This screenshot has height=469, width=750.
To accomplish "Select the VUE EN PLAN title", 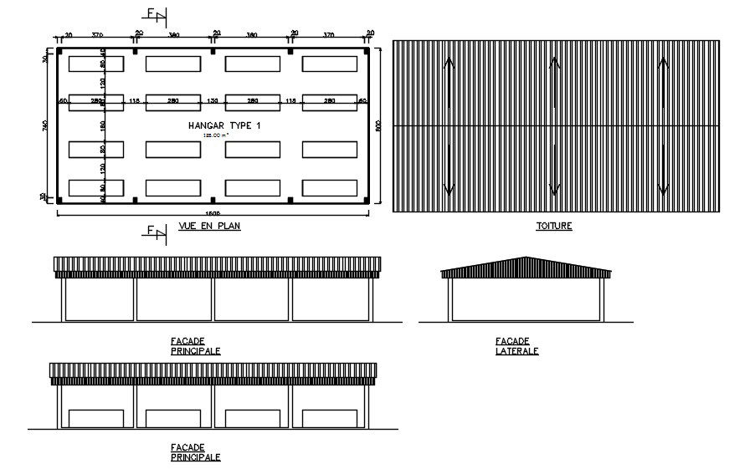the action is [x=209, y=227].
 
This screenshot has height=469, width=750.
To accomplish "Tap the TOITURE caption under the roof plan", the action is [x=554, y=227].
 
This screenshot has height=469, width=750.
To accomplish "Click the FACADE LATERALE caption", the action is [x=516, y=346].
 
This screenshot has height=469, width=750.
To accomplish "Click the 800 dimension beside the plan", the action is [x=378, y=126].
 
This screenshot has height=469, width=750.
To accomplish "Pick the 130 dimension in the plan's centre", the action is [x=213, y=101].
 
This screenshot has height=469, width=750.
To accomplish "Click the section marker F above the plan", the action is [x=153, y=13].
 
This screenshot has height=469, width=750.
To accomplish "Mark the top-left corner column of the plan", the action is [x=59, y=51].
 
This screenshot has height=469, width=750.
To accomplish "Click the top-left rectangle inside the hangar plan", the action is [x=96, y=64].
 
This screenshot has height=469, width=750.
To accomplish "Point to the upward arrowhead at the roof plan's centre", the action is [x=554, y=60].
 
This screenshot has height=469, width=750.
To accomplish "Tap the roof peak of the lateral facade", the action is [x=526, y=258].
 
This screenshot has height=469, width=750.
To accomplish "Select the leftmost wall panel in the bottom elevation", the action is [x=95, y=418].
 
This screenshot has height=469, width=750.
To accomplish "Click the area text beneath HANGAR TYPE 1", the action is [x=213, y=135].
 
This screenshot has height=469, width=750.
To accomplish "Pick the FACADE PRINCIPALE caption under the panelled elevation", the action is [x=196, y=452].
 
